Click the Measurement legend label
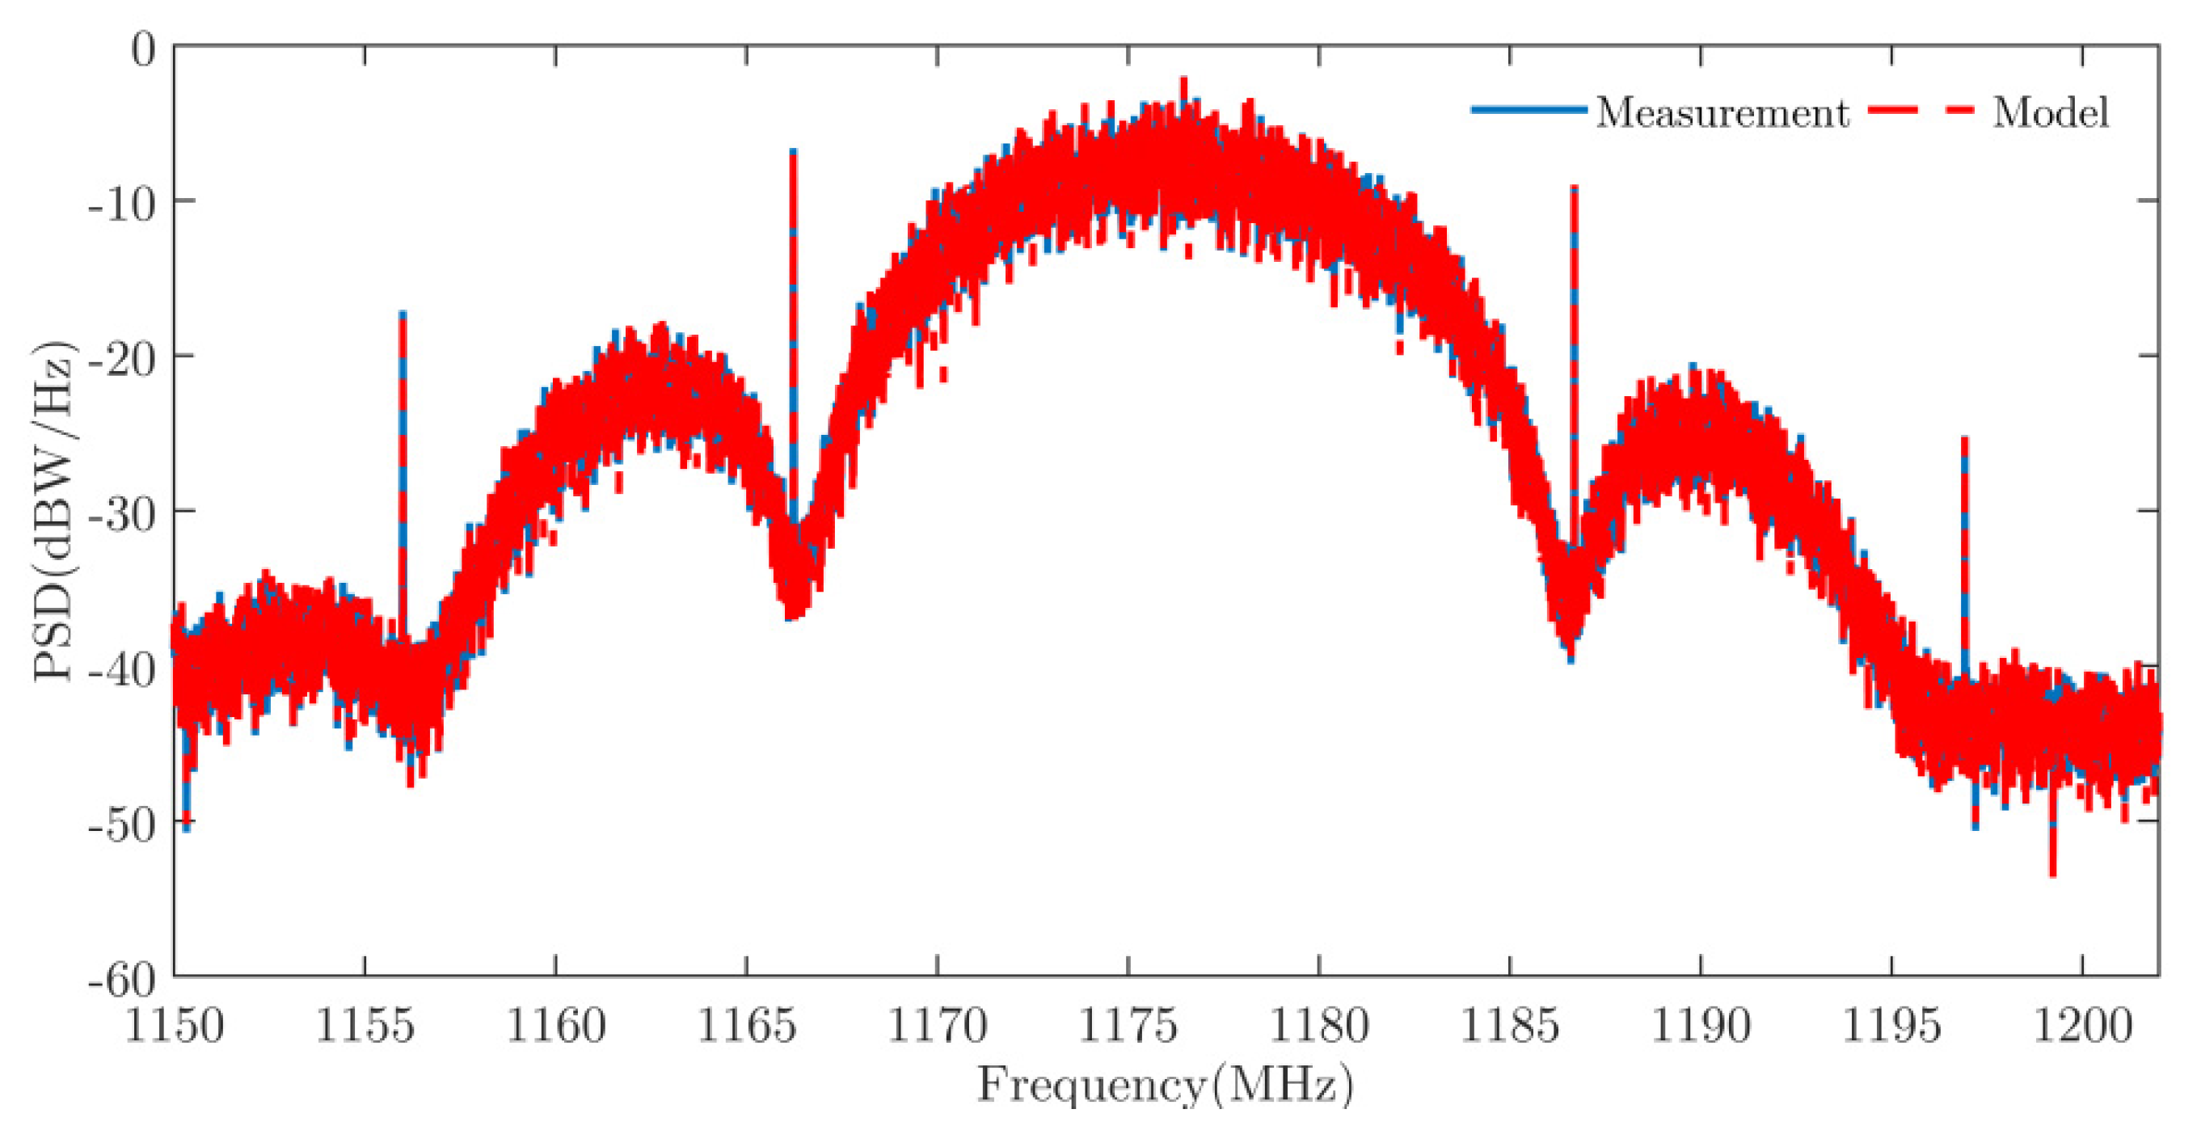pyautogui.click(x=1721, y=112)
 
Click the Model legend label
pyautogui.click(x=2051, y=112)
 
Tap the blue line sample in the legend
pyautogui.click(x=1528, y=109)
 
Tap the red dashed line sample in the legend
pyautogui.click(x=1921, y=109)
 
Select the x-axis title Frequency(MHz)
pyautogui.click(x=1166, y=1085)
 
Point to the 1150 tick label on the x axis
pyautogui.click(x=175, y=1025)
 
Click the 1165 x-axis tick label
pyautogui.click(x=747, y=1025)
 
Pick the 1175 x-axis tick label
pyautogui.click(x=1128, y=1025)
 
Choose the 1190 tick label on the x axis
pyautogui.click(x=1701, y=1025)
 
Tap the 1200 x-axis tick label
pyautogui.click(x=2082, y=1025)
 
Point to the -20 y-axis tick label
pyautogui.click(x=129, y=357)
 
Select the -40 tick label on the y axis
pyautogui.click(x=129, y=667)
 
